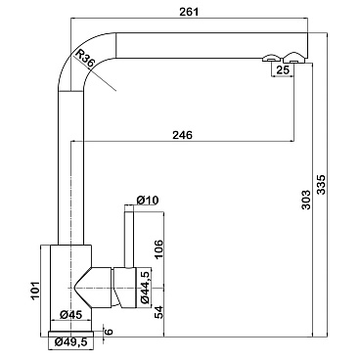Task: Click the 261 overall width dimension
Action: coord(189,12)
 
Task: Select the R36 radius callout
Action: coord(84,59)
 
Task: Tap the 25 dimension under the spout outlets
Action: coord(283,69)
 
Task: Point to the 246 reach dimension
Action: coord(182,134)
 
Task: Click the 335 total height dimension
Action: coord(321,185)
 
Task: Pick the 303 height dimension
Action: coord(306,200)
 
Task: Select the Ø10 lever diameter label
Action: coord(148,200)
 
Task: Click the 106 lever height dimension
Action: coord(158,249)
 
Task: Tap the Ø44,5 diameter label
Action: coord(146,287)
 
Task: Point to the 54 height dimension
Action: coord(158,312)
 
